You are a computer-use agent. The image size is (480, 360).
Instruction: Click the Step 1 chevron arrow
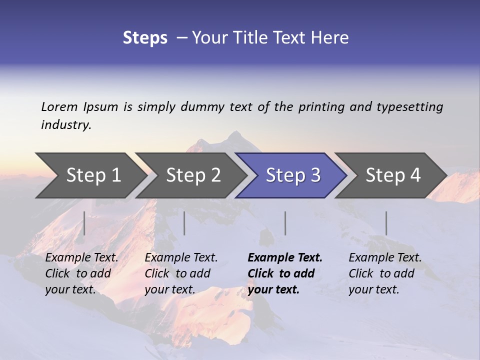pos(93,175)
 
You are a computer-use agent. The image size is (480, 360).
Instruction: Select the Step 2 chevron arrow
pos(193,175)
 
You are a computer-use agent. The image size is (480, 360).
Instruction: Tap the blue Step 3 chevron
pos(293,175)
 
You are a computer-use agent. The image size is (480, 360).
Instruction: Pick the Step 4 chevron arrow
pos(393,175)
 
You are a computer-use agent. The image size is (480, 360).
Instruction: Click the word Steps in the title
pos(145,38)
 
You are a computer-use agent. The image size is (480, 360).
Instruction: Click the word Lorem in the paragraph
pos(59,106)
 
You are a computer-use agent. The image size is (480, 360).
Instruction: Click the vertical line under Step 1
pos(84,223)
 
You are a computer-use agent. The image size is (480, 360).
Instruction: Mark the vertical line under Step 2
pos(184,223)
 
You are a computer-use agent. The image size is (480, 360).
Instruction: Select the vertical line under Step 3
pos(285,223)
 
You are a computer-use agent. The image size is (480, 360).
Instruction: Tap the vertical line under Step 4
pos(386,223)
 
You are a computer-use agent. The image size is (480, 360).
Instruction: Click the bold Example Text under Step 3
pos(285,258)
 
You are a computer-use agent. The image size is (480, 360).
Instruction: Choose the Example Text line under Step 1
pos(81,258)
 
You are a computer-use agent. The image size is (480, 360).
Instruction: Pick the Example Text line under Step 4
pos(385,258)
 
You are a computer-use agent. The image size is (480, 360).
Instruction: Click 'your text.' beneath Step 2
pos(170,289)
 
